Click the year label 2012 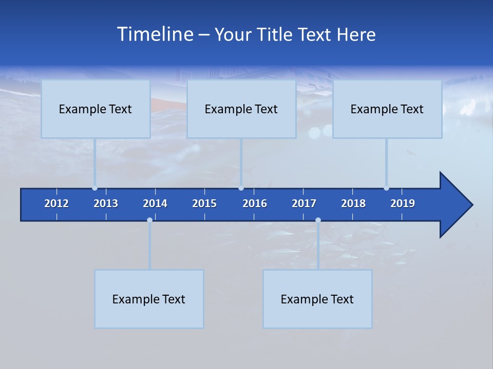pyautogui.click(x=56, y=203)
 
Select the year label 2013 pyautogui.click(x=106, y=203)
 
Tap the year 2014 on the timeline pyautogui.click(x=155, y=203)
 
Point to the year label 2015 pyautogui.click(x=204, y=203)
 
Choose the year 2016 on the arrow pyautogui.click(x=255, y=203)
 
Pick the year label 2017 pyautogui.click(x=304, y=203)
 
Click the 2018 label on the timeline pyautogui.click(x=353, y=203)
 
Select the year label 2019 pyautogui.click(x=403, y=203)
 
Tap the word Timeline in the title pyautogui.click(x=155, y=34)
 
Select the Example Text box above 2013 pyautogui.click(x=96, y=109)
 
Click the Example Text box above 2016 pyautogui.click(x=241, y=109)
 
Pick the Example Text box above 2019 pyautogui.click(x=387, y=109)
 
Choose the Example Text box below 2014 pyautogui.click(x=149, y=299)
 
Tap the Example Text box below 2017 pyautogui.click(x=317, y=299)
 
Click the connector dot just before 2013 pyautogui.click(x=95, y=188)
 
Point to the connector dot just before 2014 pyautogui.click(x=149, y=220)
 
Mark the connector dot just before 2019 pyautogui.click(x=386, y=188)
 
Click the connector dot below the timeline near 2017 pyautogui.click(x=318, y=220)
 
